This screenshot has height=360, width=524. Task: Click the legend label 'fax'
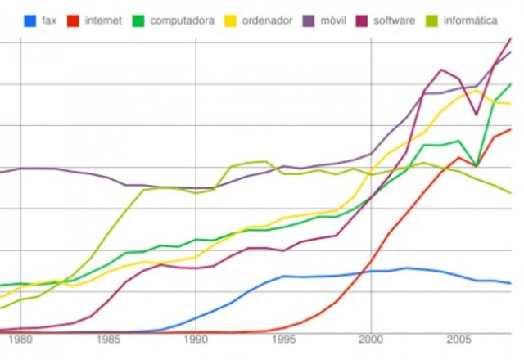point(48,20)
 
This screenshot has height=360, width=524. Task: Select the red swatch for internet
point(74,20)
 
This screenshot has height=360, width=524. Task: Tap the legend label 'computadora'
point(182,20)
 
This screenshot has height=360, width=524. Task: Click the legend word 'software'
point(394,20)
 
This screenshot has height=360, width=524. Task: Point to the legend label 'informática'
point(469,20)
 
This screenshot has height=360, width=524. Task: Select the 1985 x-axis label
point(108,339)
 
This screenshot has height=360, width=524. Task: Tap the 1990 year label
point(196,339)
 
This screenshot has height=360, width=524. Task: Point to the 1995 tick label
point(283,339)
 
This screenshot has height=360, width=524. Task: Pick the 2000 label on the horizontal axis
point(371,339)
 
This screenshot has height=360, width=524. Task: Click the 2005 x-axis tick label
point(458,339)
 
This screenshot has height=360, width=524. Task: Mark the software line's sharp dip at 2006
point(477,114)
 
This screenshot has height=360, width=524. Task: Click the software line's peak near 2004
point(442,70)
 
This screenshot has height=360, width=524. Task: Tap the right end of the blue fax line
point(511,283)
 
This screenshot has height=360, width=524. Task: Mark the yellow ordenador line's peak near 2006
point(477,90)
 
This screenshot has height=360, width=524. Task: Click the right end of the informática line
point(511,193)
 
